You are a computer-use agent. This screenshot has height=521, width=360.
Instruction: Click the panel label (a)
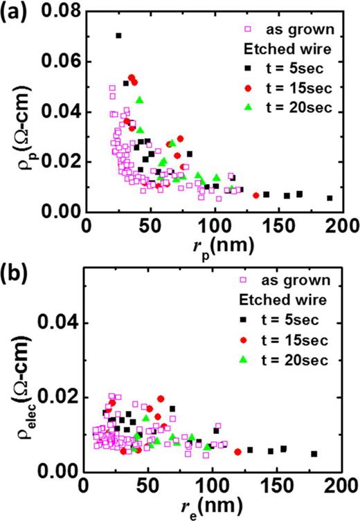[15, 12]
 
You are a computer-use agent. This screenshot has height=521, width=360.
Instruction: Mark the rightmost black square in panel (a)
[330, 198]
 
